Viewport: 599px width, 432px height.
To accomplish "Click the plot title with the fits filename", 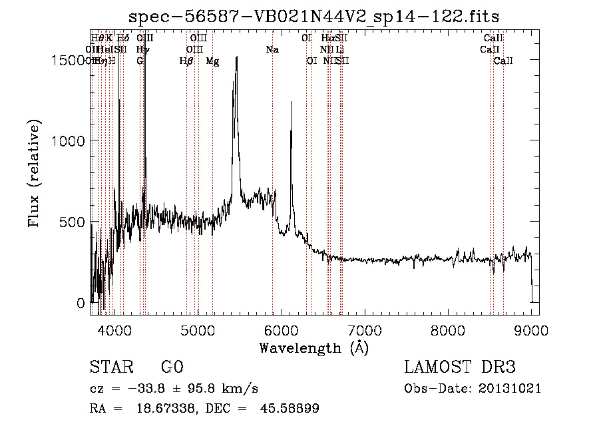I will [315, 16].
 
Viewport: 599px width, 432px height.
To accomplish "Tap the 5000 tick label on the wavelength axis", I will [198, 330].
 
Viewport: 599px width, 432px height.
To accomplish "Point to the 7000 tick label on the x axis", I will [365, 330].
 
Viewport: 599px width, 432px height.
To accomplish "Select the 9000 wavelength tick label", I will [531, 330].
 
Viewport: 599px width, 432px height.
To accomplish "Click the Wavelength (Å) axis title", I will [314, 347].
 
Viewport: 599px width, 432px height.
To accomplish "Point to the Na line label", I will [272, 49].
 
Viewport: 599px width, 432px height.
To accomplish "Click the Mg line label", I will [212, 61].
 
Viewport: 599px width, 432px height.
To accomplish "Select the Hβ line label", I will [187, 61].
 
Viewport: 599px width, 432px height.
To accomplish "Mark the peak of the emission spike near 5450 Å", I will [236, 58].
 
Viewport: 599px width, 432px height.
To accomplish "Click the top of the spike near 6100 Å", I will [291, 102].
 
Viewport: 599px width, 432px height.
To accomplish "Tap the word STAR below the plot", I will [109, 367].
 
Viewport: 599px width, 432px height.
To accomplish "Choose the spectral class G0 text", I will [172, 367].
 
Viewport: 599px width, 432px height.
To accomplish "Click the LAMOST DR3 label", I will [459, 367].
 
